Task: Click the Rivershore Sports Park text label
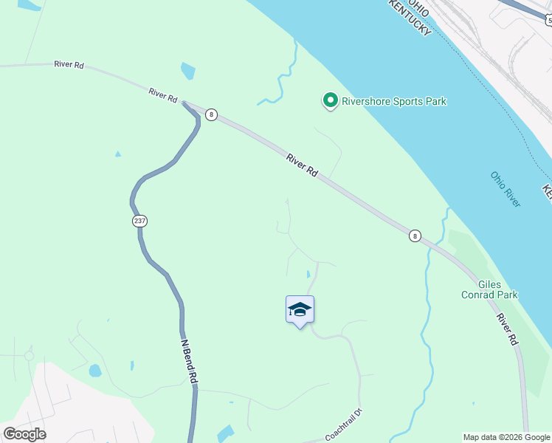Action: (x=393, y=101)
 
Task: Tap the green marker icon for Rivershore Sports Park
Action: (x=330, y=100)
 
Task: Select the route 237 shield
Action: (x=139, y=221)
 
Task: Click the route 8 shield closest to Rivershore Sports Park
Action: (x=212, y=114)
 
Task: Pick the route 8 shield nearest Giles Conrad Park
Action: (x=415, y=236)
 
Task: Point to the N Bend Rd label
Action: (x=190, y=360)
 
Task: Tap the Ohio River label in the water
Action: (x=506, y=188)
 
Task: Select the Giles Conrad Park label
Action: (x=498, y=289)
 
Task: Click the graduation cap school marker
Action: (x=300, y=309)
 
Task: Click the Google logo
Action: (x=24, y=433)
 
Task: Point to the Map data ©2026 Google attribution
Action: (x=507, y=437)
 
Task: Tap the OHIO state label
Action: (x=418, y=7)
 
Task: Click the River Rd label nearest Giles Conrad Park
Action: (x=506, y=329)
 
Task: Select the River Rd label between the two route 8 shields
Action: (x=303, y=165)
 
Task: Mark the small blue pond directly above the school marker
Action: (x=308, y=275)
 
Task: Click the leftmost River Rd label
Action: (x=69, y=65)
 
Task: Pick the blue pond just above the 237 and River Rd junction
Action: (x=188, y=72)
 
